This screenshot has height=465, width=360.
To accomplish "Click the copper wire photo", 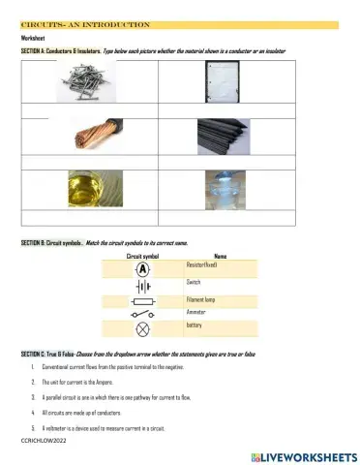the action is [x=90, y=136].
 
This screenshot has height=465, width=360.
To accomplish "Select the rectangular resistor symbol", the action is [x=142, y=316].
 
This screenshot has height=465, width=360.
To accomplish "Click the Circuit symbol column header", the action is [x=143, y=255].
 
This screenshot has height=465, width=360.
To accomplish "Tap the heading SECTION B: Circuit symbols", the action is [x=51, y=241].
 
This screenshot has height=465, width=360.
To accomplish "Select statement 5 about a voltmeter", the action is [x=98, y=427].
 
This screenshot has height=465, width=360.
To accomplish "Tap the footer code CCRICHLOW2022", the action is [x=41, y=439].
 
